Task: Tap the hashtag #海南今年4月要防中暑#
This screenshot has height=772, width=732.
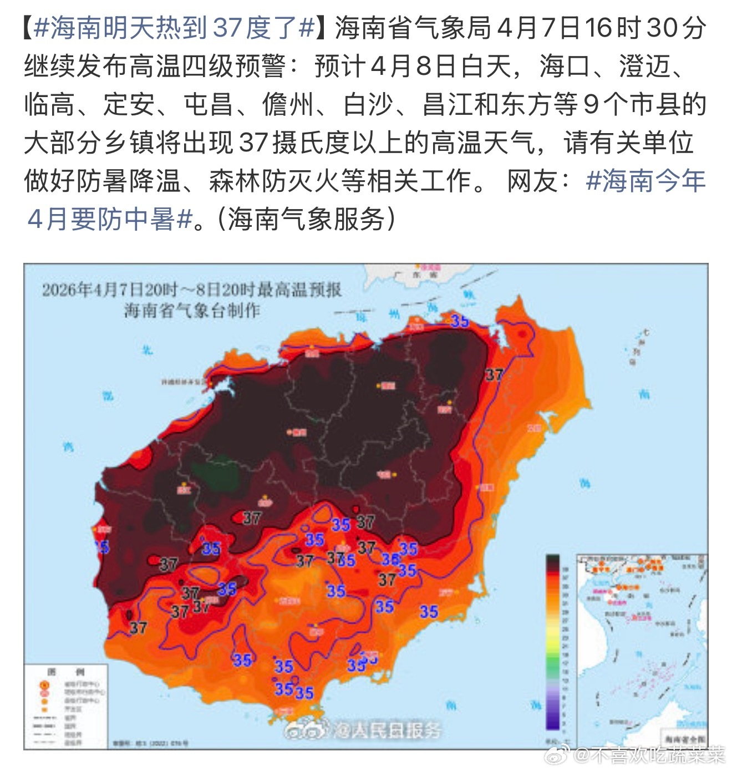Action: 645,181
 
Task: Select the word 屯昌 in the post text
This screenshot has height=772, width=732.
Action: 209,105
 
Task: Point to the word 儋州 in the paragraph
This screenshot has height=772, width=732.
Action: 288,105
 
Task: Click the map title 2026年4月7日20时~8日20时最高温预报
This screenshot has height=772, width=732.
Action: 192,289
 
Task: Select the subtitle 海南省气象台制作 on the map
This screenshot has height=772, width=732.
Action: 192,310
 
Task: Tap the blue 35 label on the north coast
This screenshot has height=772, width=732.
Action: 460,321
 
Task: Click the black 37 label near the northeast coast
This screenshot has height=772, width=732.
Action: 494,375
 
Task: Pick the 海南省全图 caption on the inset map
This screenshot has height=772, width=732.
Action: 684,738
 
